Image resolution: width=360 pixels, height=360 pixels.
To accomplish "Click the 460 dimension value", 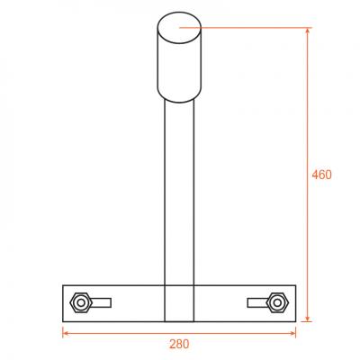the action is click(321, 175).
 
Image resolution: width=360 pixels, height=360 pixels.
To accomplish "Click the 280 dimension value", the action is click(179, 344).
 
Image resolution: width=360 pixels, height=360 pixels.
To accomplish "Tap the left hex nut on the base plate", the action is click(81, 302).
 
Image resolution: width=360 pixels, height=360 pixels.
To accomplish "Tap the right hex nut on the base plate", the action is click(278, 302).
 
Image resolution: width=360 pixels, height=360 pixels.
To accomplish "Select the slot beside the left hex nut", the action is click(102, 303).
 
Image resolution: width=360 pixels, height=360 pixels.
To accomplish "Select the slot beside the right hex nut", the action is click(257, 303).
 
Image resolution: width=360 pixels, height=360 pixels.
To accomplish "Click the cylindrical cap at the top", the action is click(179, 58).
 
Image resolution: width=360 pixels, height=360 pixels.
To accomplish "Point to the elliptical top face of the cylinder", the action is click(179, 28).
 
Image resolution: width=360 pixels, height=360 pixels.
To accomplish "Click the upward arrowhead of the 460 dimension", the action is click(307, 31).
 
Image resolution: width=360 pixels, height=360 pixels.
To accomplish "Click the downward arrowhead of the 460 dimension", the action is click(307, 319).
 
